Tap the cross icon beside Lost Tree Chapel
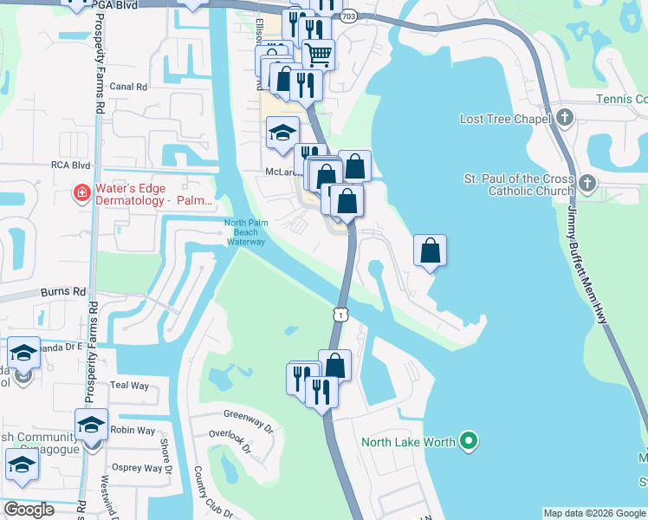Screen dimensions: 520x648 565,116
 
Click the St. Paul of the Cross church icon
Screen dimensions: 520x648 587,183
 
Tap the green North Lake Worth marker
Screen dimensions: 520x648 469,442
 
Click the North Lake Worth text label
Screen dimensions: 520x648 408,443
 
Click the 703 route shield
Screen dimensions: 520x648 348,16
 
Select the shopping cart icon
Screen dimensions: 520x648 317,55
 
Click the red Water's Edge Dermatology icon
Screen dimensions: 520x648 81,192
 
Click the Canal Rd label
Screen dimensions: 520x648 128,87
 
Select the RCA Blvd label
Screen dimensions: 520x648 70,164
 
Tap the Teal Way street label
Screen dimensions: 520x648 130,385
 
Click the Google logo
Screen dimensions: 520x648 29,510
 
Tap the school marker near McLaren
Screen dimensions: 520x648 282,133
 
